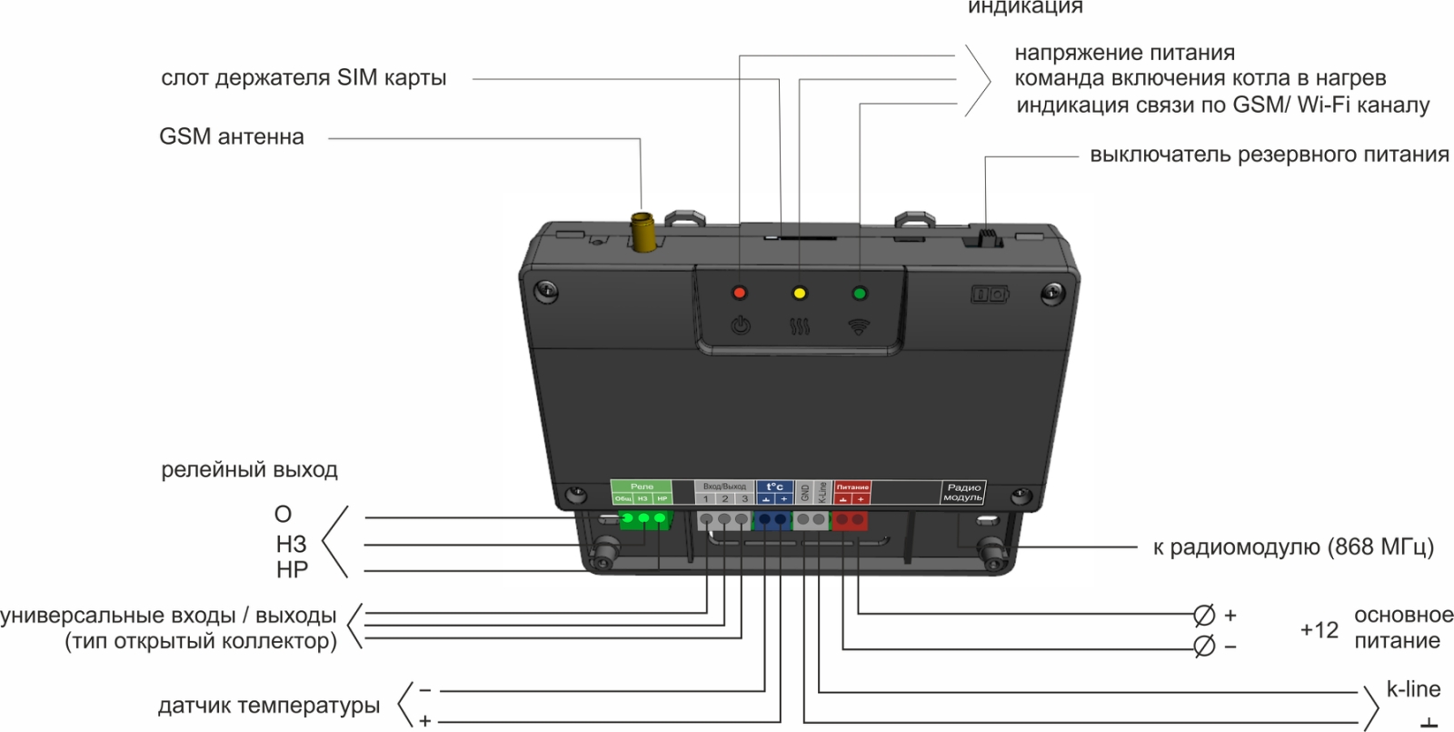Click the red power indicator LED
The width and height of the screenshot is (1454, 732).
click(x=740, y=293)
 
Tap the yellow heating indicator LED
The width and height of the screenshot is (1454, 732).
click(x=800, y=293)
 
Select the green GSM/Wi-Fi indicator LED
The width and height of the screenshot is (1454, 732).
click(x=859, y=293)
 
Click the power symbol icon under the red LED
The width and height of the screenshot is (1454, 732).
click(x=741, y=325)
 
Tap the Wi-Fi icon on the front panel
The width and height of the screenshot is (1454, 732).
click(x=859, y=326)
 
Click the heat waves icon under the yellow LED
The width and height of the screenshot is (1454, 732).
click(x=800, y=325)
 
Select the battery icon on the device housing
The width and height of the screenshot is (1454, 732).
click(x=990, y=294)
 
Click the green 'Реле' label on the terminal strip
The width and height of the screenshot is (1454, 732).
click(x=642, y=486)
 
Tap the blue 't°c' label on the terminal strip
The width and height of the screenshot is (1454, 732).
click(x=774, y=486)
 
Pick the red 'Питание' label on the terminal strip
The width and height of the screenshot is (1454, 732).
click(x=852, y=487)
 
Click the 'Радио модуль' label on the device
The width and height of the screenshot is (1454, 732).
click(x=962, y=493)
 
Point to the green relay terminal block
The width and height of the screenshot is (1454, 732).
click(x=644, y=519)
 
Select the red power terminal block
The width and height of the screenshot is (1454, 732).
click(x=851, y=520)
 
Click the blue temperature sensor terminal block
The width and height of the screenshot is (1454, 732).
click(x=773, y=520)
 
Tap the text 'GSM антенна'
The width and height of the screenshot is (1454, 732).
click(x=232, y=137)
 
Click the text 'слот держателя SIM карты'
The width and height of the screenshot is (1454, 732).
click(x=304, y=78)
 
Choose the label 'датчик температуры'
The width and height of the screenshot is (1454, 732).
click(x=269, y=706)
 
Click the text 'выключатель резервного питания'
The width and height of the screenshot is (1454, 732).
click(x=1269, y=155)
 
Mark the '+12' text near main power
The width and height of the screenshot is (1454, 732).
click(x=1319, y=629)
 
